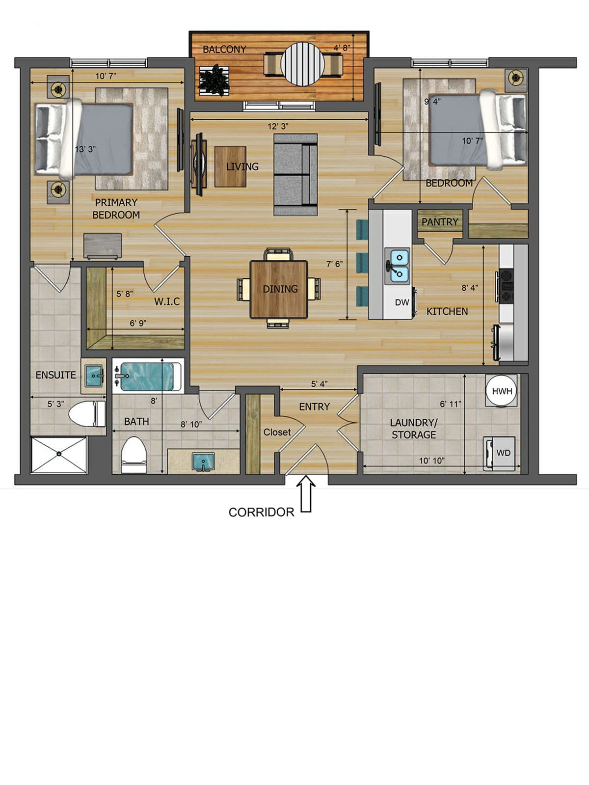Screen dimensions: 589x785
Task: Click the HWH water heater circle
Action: [502, 391]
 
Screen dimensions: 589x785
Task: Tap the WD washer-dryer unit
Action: [500, 453]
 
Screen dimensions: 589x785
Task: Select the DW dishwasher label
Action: [402, 302]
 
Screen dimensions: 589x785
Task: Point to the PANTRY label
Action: [440, 222]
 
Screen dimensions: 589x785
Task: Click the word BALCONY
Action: [224, 50]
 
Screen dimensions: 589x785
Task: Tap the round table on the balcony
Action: [302, 64]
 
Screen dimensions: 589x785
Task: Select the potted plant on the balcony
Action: [214, 81]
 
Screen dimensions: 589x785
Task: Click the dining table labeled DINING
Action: [279, 289]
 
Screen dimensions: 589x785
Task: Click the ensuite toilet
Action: [87, 414]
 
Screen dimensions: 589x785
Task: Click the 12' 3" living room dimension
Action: [278, 126]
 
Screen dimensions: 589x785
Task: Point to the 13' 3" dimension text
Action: [85, 149]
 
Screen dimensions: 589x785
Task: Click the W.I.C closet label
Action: [167, 301]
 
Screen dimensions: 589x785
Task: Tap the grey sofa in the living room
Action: [295, 175]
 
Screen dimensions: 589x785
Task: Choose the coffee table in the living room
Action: [231, 166]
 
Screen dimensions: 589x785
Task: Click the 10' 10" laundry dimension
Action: [432, 460]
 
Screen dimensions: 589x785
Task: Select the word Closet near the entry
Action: [277, 433]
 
